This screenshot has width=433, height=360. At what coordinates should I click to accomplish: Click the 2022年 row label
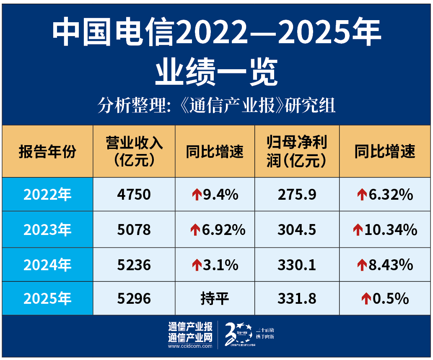pyautogui.click(x=47, y=195)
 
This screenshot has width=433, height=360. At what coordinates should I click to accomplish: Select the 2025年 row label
pyautogui.click(x=47, y=298)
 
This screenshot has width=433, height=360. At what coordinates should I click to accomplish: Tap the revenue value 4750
pyautogui.click(x=134, y=195)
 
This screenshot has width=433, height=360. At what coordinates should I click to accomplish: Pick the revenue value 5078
pyautogui.click(x=134, y=230)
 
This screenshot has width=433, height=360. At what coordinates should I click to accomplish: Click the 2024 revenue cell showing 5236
pyautogui.click(x=134, y=265)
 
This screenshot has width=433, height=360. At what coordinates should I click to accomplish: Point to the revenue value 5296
pyautogui.click(x=134, y=298)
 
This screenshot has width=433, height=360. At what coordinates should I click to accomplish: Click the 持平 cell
pyautogui.click(x=215, y=298)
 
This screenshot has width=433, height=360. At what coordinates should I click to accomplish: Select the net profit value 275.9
pyautogui.click(x=297, y=195)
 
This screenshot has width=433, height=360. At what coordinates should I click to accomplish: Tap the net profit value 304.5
pyautogui.click(x=297, y=230)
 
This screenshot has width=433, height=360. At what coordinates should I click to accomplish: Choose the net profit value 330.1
pyautogui.click(x=297, y=265)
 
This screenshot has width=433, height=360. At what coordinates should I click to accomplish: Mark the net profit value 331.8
pyautogui.click(x=297, y=298)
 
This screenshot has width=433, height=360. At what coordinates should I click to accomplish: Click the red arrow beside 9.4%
pyautogui.click(x=197, y=195)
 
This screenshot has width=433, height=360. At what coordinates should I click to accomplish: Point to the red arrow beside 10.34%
pyautogui.click(x=358, y=230)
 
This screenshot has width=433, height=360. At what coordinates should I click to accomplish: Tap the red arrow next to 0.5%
pyautogui.click(x=366, y=299)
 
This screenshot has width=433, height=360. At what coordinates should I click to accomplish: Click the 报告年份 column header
pyautogui.click(x=47, y=151)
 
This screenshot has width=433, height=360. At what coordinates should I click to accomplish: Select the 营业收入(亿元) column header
pyautogui.click(x=134, y=151)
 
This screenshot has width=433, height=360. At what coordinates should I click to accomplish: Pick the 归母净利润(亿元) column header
pyautogui.click(x=297, y=151)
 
